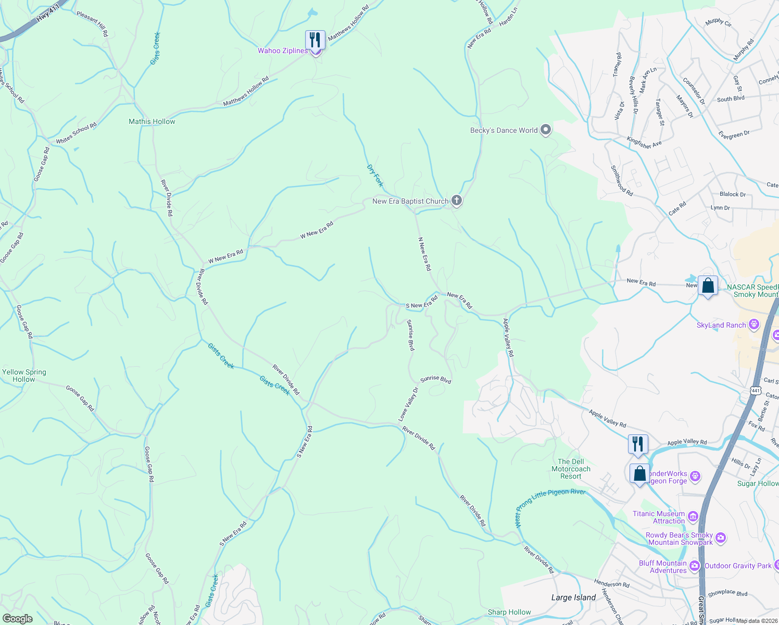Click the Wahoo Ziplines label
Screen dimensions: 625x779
coord(283,51)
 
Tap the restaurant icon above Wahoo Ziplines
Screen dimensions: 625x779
coord(315,40)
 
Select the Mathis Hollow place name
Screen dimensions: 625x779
coord(152,121)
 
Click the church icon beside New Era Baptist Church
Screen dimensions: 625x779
coord(456,201)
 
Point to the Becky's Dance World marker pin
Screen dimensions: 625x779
coord(546,130)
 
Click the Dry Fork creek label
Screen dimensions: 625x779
coord(375,176)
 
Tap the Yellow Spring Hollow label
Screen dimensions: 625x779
coord(24,376)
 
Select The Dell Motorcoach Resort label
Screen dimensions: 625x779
coord(571,469)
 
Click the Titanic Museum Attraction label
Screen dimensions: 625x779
coord(658,517)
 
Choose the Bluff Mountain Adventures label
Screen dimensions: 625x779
coord(663,567)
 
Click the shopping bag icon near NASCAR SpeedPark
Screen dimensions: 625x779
coord(708,285)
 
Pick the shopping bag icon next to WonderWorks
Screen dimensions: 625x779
coord(639,474)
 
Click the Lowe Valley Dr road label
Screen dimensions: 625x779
coord(408,404)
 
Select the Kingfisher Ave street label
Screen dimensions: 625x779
coord(644,142)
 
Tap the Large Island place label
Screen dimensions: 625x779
coord(573,597)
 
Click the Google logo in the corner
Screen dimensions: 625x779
coord(17,618)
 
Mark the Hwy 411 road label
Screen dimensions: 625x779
coord(48,14)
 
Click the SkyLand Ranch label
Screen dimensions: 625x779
coord(721,325)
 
